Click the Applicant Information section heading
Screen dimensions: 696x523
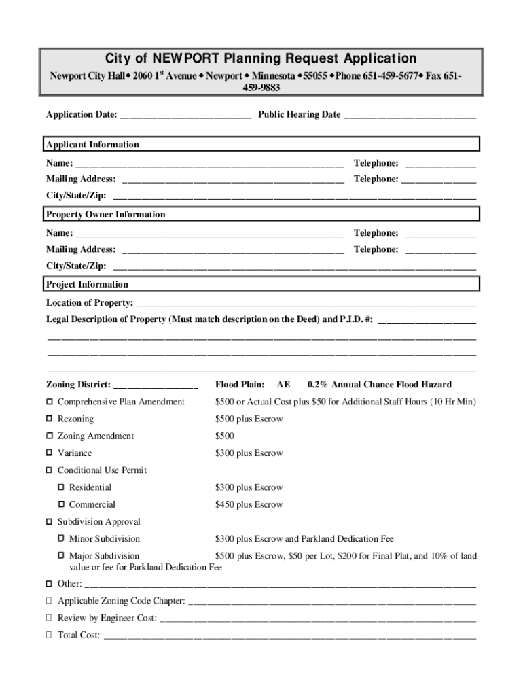point(92,145)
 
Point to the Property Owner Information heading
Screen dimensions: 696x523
point(105,215)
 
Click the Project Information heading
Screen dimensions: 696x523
point(87,285)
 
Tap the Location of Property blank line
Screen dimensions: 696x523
point(306,304)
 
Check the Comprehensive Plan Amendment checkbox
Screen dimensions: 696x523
point(49,402)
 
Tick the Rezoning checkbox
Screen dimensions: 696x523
point(49,419)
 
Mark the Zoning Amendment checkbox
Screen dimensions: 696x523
point(49,436)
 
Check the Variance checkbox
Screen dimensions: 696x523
point(49,453)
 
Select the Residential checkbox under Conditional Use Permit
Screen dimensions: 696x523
point(61,487)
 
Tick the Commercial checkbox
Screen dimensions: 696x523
point(61,504)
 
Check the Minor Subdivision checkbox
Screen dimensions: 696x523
point(61,538)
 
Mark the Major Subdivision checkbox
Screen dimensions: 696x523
point(61,556)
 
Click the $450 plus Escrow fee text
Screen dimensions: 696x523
point(249,504)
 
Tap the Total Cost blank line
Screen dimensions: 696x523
point(289,637)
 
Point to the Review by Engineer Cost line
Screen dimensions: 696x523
point(317,620)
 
